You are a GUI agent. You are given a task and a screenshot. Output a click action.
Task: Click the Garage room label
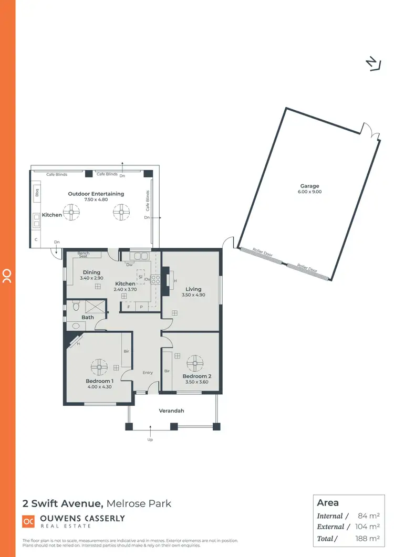310,186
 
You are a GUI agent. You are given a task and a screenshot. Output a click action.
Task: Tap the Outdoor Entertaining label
96,194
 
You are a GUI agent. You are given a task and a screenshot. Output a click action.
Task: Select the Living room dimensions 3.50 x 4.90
193,295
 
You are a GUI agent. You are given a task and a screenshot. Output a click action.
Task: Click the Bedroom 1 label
99,381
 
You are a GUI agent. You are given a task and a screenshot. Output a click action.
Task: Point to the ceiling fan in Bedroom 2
195,362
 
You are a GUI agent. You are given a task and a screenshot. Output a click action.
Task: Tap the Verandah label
171,411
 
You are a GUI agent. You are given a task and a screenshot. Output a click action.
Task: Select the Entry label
148,373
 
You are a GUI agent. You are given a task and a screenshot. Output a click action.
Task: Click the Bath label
88,317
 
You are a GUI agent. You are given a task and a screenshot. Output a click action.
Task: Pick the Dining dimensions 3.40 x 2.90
92,278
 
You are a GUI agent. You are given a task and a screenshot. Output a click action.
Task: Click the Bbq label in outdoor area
37,192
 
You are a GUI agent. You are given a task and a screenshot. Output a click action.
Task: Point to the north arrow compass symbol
372,63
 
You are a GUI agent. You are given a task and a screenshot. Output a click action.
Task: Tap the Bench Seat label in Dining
83,255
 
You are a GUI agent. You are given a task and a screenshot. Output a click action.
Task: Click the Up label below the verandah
150,440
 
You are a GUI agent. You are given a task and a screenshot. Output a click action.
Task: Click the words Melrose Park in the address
139,503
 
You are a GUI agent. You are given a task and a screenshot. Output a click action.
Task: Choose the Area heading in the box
328,502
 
